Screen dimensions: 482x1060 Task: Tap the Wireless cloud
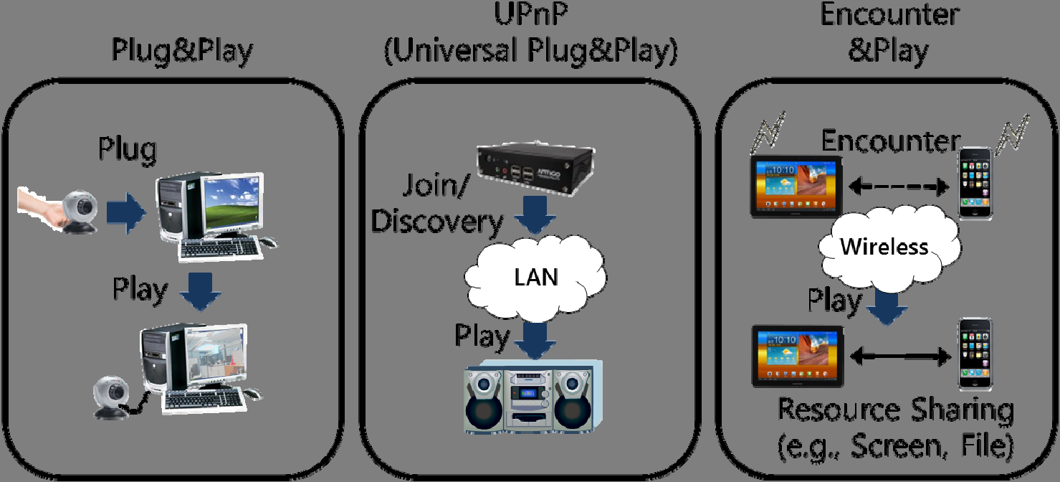[x=884, y=247]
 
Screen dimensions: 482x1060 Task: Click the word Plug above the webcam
[x=128, y=151]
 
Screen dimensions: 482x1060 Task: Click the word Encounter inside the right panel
[x=890, y=141]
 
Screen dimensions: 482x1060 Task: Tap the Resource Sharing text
[x=896, y=411]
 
